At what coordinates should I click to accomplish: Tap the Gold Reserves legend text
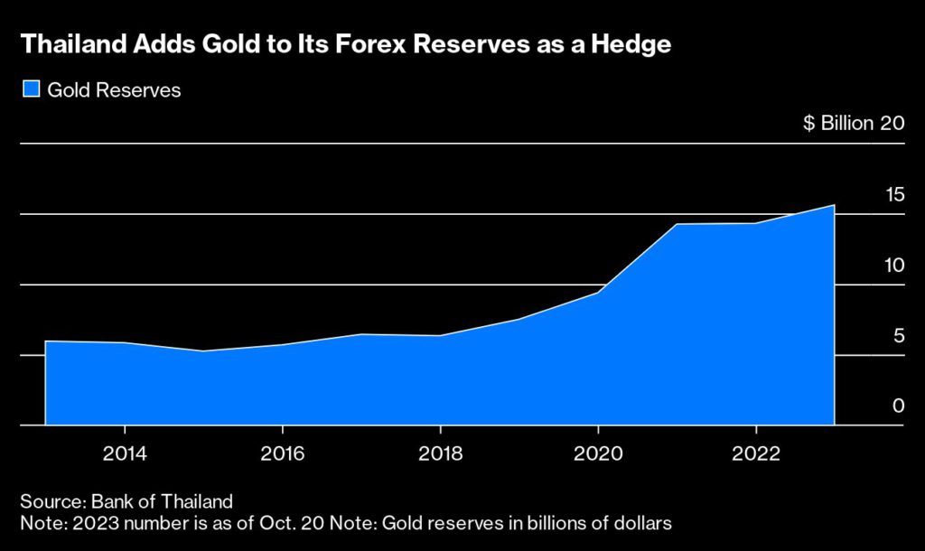pyautogui.click(x=114, y=90)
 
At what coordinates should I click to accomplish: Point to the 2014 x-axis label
pyautogui.click(x=124, y=453)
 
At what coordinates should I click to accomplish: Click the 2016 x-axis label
pyautogui.click(x=282, y=453)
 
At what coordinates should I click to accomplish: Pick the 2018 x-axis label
pyautogui.click(x=440, y=453)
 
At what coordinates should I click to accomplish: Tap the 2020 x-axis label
pyautogui.click(x=598, y=453)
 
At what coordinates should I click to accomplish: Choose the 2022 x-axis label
pyautogui.click(x=755, y=453)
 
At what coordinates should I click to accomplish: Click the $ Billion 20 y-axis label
pyautogui.click(x=854, y=124)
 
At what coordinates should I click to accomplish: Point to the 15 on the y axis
pyautogui.click(x=894, y=194)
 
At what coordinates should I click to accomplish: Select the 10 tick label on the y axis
pyautogui.click(x=894, y=265)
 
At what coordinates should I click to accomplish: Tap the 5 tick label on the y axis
pyautogui.click(x=899, y=336)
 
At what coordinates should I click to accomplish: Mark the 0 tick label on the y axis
pyautogui.click(x=899, y=406)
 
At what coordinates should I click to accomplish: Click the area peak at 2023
pyautogui.click(x=834, y=206)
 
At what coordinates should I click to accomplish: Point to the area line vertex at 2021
pyautogui.click(x=677, y=224)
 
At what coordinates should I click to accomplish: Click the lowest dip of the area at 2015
pyautogui.click(x=203, y=350)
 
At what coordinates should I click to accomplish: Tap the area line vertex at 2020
pyautogui.click(x=598, y=293)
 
